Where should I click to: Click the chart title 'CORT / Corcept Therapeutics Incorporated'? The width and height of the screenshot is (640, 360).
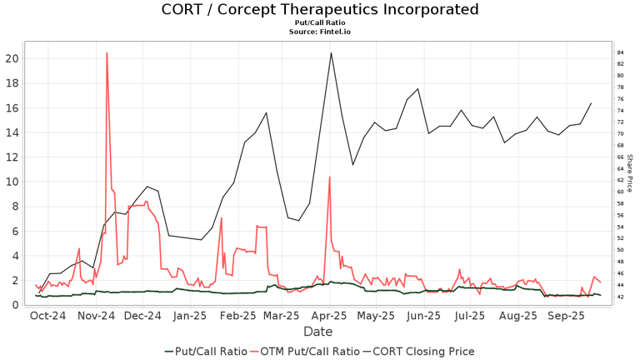click(320, 10)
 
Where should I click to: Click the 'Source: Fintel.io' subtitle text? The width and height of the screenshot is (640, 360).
click(320, 32)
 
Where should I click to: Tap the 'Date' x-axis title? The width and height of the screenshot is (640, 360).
click(317, 331)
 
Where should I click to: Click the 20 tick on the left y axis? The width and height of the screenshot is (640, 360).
click(12, 58)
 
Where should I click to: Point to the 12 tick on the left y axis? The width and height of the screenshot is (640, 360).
click(12, 157)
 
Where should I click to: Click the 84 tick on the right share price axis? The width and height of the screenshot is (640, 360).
click(621, 52)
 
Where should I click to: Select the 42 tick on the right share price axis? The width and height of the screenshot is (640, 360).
click(621, 297)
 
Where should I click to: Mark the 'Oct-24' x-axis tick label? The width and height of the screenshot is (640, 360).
click(47, 317)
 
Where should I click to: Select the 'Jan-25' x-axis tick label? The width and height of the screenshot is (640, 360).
click(190, 317)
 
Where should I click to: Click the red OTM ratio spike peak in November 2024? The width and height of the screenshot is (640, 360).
click(107, 53)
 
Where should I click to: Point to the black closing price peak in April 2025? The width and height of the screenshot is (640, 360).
click(331, 53)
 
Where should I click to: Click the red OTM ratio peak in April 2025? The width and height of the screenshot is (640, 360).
click(330, 177)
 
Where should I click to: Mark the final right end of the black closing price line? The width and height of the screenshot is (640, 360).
click(591, 103)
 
